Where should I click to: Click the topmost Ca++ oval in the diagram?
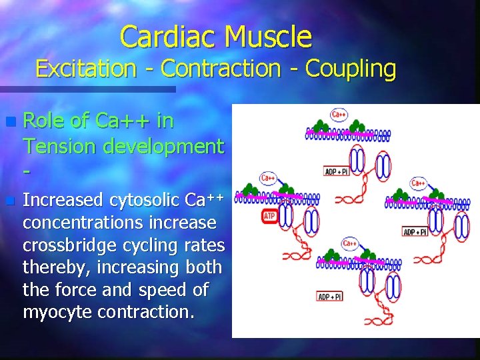339,115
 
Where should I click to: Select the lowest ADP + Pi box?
331,296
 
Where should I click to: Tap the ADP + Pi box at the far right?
415,232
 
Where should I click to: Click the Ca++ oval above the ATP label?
268,178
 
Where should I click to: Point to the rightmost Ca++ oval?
419,182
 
